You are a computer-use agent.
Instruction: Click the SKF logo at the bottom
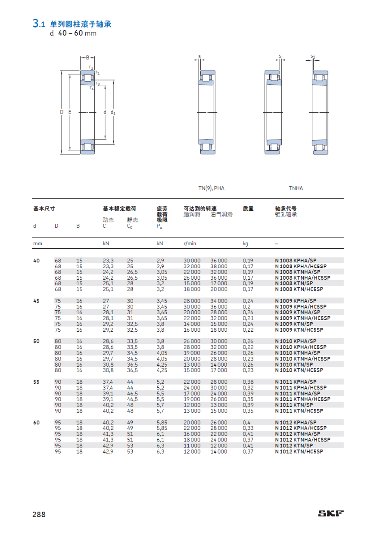[x=331, y=513]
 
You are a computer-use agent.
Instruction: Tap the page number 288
[x=38, y=514]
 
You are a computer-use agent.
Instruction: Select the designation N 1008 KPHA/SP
[x=296, y=260]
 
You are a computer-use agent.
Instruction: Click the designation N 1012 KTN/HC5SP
[x=299, y=451]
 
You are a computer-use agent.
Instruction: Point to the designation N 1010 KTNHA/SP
[x=297, y=353]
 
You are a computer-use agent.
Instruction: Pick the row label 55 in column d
[x=36, y=382]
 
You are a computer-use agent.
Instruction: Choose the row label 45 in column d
[x=36, y=301]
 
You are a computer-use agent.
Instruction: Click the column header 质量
[x=248, y=208]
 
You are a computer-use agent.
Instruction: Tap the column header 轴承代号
[x=286, y=208]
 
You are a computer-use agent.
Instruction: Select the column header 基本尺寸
[x=44, y=208]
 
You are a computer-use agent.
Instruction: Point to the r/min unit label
[x=190, y=244]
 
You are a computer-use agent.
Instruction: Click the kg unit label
[x=245, y=244]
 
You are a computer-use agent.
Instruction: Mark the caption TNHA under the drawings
[x=296, y=188]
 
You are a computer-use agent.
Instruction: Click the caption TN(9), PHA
[x=211, y=188]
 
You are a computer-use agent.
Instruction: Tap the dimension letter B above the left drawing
[x=87, y=57]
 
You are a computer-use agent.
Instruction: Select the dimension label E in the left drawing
[x=70, y=112]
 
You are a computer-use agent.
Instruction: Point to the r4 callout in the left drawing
[x=91, y=88]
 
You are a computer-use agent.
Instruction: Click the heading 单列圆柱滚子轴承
[x=81, y=24]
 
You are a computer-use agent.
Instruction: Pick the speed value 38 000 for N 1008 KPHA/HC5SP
[x=218, y=266]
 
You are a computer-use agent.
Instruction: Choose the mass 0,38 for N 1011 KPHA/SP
[x=248, y=382]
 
